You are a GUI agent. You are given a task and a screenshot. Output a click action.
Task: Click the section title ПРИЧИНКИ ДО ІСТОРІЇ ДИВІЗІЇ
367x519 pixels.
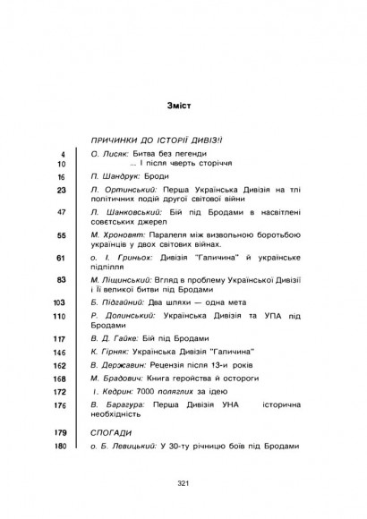[x=168, y=140]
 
